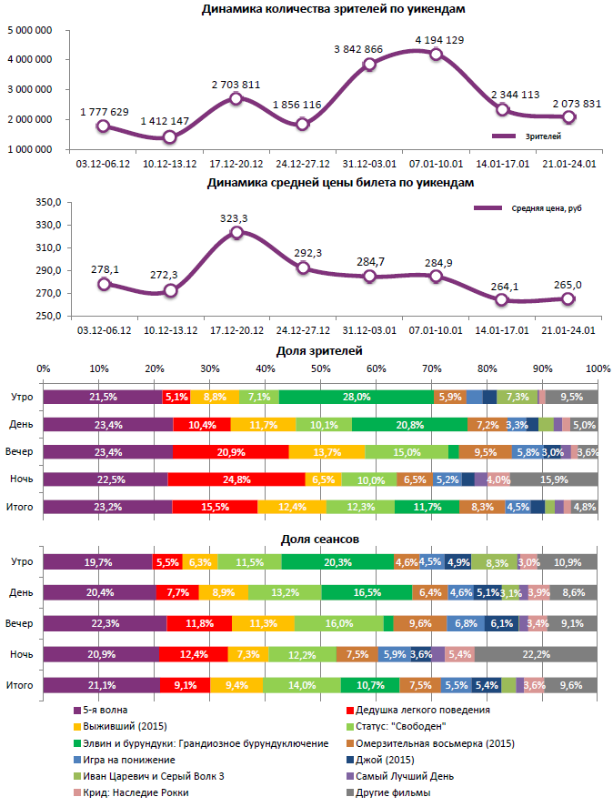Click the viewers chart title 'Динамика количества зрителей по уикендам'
pos(334,9)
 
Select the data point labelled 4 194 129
pos(436,55)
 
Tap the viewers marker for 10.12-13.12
pos(169,137)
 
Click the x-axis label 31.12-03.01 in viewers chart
pos(369,164)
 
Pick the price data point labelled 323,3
pos(236,232)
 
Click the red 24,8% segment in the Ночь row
pos(236,479)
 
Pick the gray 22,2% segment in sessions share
pos(536,654)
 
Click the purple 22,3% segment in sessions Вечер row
pos(105,623)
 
